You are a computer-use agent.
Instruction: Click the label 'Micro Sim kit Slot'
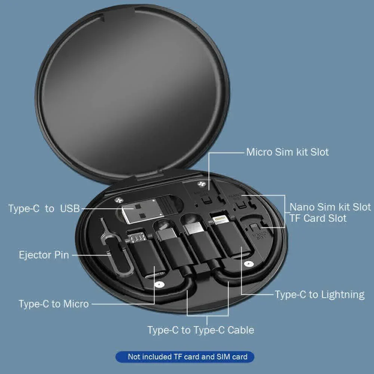[x=287, y=152]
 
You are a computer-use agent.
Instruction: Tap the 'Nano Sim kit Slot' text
[x=330, y=207]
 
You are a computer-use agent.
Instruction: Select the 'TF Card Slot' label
[x=318, y=218]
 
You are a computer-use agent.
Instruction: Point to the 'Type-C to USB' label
[x=44, y=208]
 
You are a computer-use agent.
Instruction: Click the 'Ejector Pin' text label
[x=44, y=255]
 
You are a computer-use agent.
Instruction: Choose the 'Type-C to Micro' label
[x=54, y=304]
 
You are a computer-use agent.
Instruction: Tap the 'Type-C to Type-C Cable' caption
[x=200, y=330]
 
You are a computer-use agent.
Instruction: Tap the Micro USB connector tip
[x=135, y=236]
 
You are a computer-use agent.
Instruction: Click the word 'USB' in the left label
[x=70, y=208]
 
